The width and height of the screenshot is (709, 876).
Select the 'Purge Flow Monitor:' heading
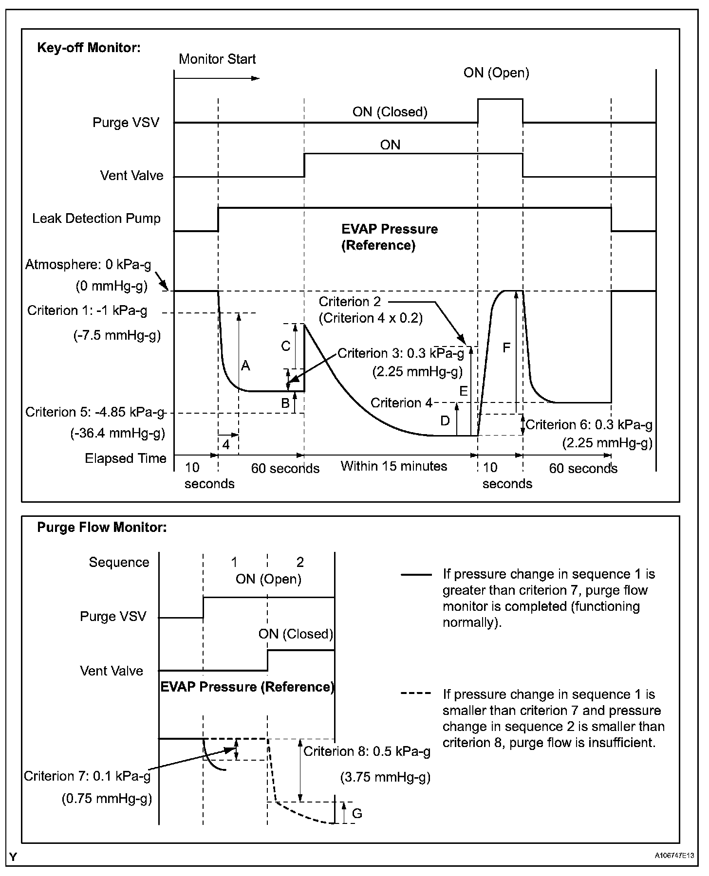[x=102, y=528]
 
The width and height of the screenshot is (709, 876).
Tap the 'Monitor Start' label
[x=217, y=59]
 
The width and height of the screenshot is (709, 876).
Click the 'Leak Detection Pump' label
[x=96, y=218]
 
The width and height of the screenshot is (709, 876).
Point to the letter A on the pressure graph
[x=245, y=365]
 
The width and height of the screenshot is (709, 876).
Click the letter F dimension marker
[x=506, y=347]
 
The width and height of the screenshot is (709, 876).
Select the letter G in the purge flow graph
[x=357, y=813]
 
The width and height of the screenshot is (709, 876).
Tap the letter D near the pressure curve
[x=445, y=421]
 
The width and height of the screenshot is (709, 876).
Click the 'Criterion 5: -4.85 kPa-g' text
[x=95, y=412]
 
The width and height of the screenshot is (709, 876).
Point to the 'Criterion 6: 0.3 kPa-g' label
[x=589, y=425]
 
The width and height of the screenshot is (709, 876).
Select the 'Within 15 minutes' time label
[x=393, y=466]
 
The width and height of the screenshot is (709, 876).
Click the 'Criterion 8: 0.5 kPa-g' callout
[x=367, y=752]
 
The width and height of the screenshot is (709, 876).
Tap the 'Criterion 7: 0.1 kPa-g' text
[x=87, y=776]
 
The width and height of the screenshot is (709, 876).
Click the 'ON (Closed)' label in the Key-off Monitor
[x=390, y=112]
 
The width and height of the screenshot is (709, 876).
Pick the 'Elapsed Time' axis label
[x=126, y=458]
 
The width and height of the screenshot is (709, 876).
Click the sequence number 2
[x=300, y=563]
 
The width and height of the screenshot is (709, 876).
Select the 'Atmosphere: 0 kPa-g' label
[x=88, y=265]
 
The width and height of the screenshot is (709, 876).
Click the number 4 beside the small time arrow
[x=226, y=444]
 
